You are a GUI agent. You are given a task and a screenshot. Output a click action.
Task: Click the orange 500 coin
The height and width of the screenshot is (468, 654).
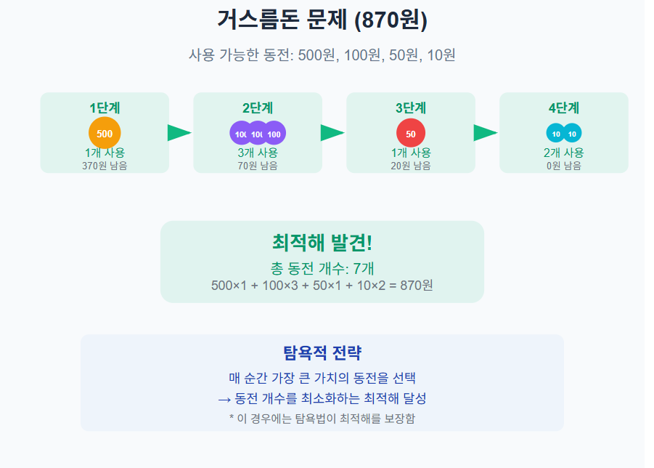[x=105, y=133]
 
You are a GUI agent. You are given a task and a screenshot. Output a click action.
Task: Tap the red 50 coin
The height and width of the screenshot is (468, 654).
[x=411, y=134]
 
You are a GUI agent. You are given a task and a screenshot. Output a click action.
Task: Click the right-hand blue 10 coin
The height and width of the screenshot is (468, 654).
[x=572, y=134]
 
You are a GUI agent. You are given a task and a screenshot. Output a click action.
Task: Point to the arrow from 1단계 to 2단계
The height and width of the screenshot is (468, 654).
[x=179, y=133]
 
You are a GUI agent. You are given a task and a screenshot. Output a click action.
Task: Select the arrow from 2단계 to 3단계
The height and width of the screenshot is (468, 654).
[x=332, y=133]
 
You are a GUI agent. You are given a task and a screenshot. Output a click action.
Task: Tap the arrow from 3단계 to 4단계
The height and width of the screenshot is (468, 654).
[x=485, y=133]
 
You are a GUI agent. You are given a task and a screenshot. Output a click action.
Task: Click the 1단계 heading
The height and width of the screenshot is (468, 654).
[x=105, y=108]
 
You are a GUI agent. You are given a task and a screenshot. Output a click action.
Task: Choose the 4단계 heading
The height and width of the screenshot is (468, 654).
[x=564, y=108]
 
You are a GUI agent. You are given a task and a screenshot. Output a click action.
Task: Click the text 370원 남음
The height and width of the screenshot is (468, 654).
[x=105, y=166]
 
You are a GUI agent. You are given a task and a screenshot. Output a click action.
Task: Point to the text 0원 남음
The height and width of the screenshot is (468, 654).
[x=564, y=166]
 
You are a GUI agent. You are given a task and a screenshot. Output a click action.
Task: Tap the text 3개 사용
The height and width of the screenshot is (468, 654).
[x=258, y=153]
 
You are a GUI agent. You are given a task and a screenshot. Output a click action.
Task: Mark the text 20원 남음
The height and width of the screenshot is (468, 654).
[x=411, y=166]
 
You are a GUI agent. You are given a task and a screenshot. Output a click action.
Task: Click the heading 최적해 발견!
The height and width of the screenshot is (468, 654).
[x=322, y=243]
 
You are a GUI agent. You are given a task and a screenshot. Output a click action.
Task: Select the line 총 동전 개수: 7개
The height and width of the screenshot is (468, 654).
[x=322, y=267]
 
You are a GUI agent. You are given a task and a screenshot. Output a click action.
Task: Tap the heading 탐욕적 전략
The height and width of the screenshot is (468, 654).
[x=322, y=353]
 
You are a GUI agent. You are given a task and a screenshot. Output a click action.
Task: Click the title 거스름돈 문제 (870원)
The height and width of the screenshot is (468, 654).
[x=322, y=20]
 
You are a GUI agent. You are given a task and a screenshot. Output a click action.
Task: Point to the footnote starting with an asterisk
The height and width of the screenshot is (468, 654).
[x=322, y=418]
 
